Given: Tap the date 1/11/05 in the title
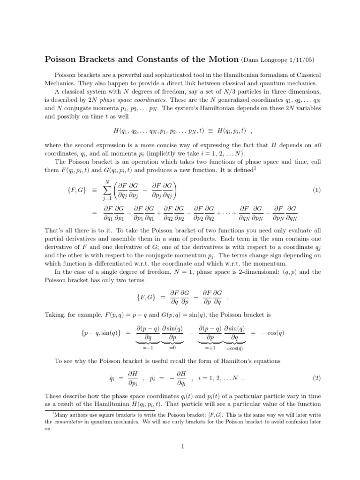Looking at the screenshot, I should [x=305, y=60].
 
